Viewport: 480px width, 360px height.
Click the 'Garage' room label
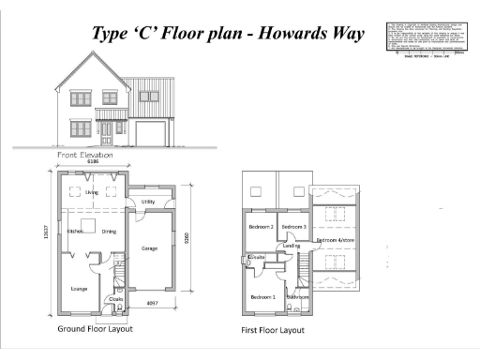[149, 248]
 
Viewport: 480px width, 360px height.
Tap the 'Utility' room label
[148, 202]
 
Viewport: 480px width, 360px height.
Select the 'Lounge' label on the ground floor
[79, 289]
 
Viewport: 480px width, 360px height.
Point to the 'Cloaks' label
[116, 300]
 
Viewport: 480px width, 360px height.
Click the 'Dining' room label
[109, 231]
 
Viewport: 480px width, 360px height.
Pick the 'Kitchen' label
[76, 231]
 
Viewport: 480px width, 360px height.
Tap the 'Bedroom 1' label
[262, 297]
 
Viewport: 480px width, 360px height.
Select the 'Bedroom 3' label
[294, 227]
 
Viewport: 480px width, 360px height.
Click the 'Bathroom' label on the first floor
[299, 297]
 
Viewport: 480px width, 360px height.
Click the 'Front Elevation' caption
[86, 154]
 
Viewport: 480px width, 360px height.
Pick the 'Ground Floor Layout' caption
[95, 329]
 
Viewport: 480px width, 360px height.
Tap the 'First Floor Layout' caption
[273, 331]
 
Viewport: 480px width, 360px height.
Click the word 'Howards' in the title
[287, 34]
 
